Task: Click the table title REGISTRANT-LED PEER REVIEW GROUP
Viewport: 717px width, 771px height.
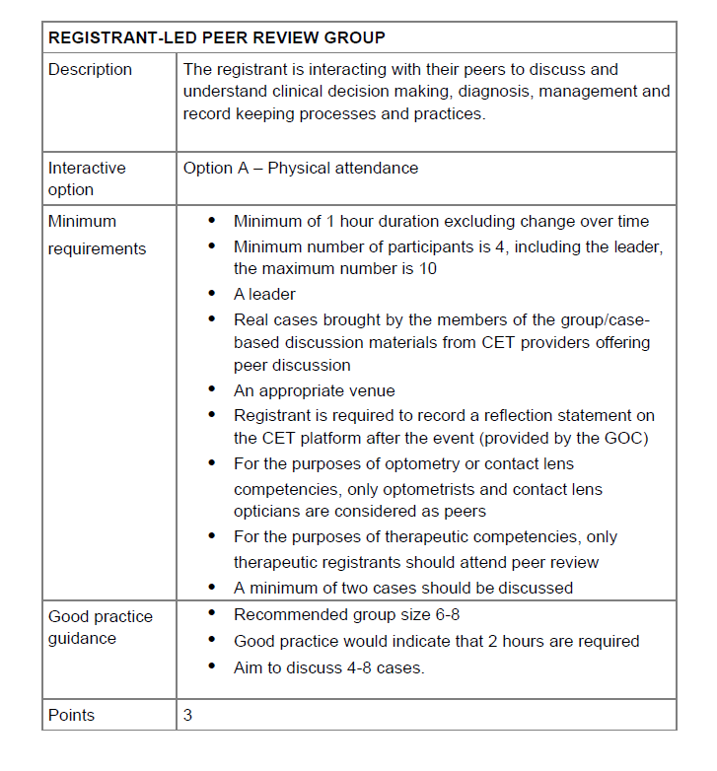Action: pyautogui.click(x=216, y=37)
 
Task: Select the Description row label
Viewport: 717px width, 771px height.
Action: pyautogui.click(x=90, y=69)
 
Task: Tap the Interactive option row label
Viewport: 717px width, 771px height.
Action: pyautogui.click(x=87, y=178)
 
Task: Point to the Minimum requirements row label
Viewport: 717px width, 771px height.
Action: pyautogui.click(x=97, y=235)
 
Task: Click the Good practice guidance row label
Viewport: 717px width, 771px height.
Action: pyautogui.click(x=101, y=627)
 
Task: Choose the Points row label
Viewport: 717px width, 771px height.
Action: pyautogui.click(x=71, y=715)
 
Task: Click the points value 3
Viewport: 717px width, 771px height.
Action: pyautogui.click(x=188, y=715)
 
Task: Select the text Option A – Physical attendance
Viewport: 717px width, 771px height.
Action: pyautogui.click(x=301, y=168)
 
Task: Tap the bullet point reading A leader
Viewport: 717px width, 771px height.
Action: pyautogui.click(x=264, y=294)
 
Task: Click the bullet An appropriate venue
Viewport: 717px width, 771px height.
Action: pyautogui.click(x=314, y=390)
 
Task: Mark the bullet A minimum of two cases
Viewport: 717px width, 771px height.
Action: pyautogui.click(x=402, y=588)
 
